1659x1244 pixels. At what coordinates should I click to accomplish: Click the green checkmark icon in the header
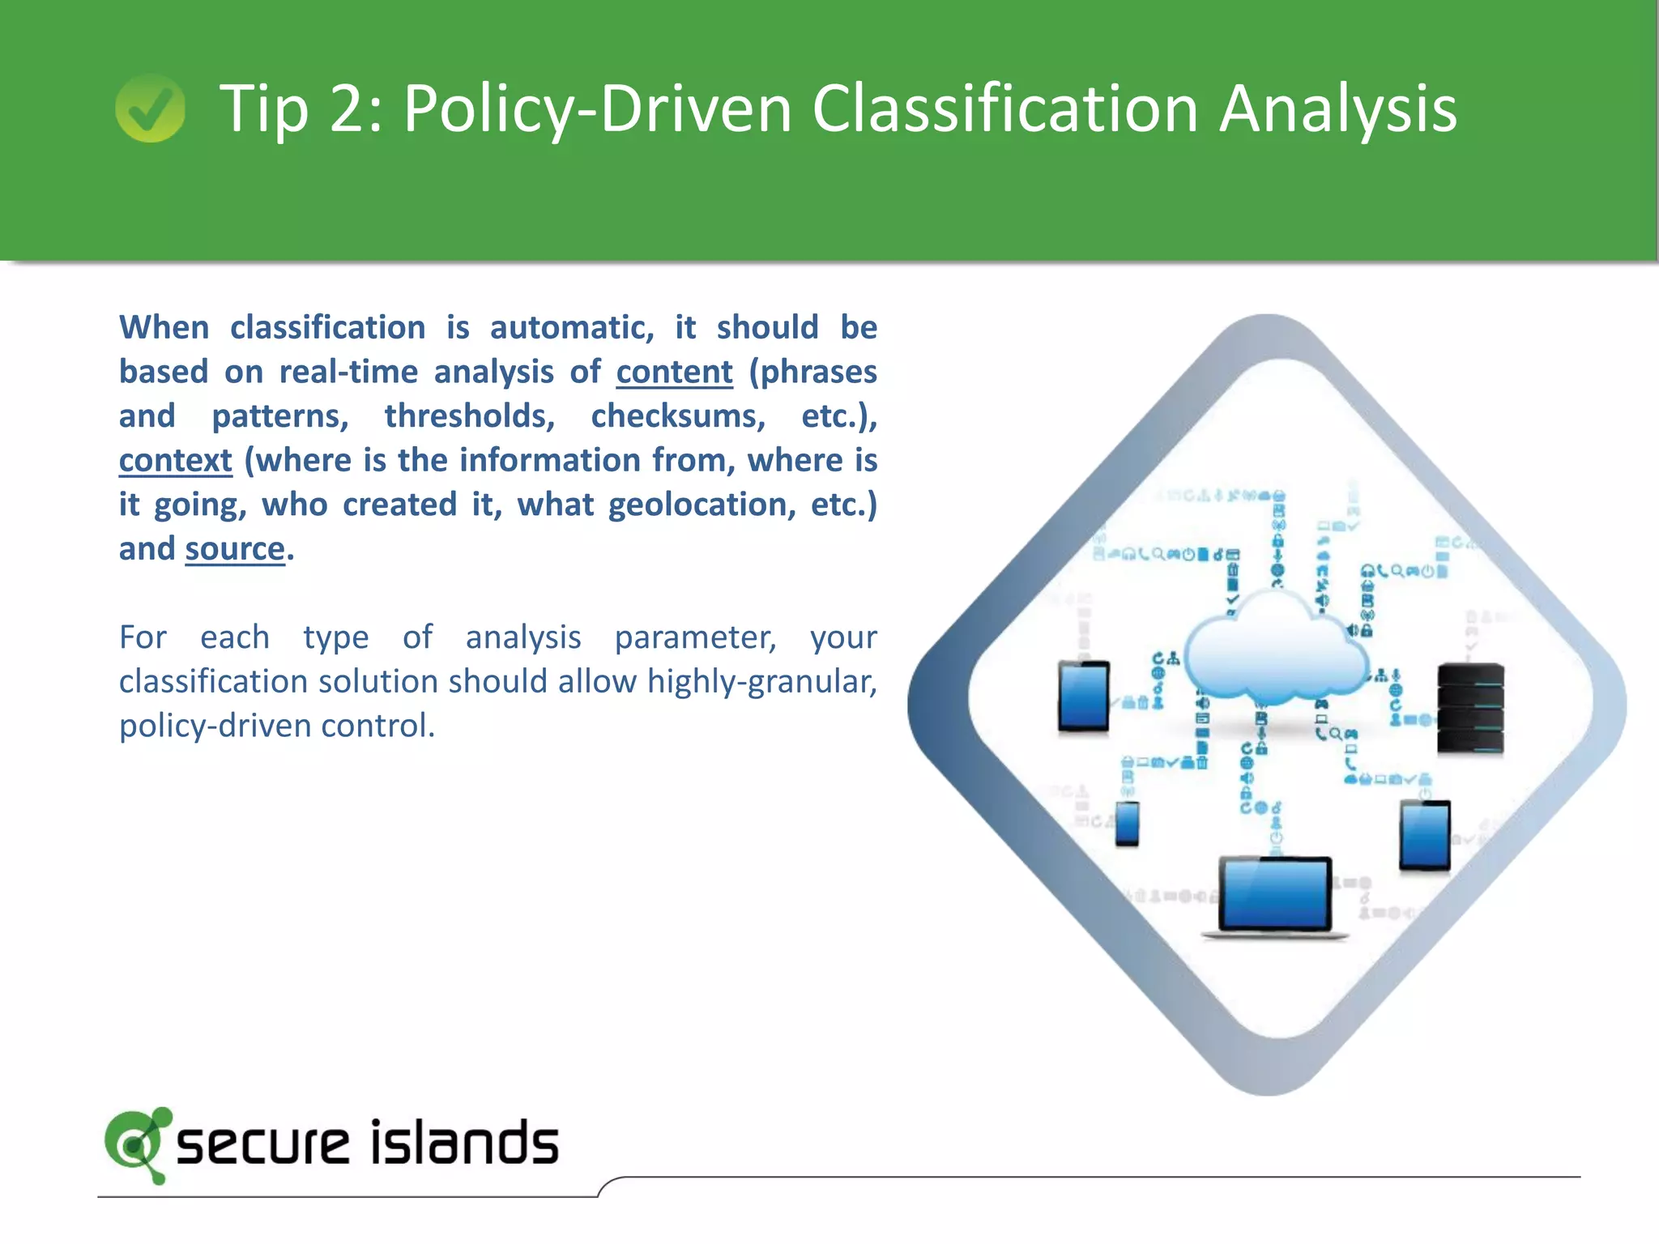tap(151, 108)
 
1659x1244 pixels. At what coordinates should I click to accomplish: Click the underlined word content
tap(674, 372)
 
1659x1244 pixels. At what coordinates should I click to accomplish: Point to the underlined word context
tap(176, 460)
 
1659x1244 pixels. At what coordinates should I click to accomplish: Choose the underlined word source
tap(235, 549)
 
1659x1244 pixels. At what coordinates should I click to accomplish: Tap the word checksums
tap(678, 416)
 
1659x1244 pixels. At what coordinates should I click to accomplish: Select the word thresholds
tap(470, 416)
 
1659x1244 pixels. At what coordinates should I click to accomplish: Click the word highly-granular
tap(761, 681)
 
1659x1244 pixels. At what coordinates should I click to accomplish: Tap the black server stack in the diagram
tap(1470, 709)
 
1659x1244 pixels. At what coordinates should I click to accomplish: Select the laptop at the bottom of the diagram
tap(1275, 895)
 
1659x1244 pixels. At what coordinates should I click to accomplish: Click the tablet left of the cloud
tap(1084, 697)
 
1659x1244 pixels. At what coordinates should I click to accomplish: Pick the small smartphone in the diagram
tap(1127, 823)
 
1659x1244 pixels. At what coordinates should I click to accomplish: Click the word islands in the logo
tap(464, 1143)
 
